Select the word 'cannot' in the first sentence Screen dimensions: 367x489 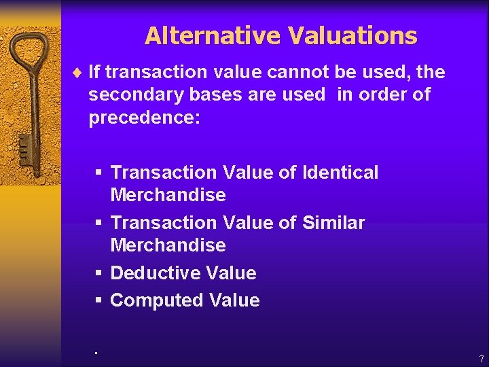click(301, 71)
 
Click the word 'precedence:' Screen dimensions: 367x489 click(144, 118)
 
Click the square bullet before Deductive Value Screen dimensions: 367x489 click(98, 273)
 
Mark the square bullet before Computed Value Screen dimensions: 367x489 click(98, 300)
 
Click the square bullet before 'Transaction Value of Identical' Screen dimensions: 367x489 click(98, 173)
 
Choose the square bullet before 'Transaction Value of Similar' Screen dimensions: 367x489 click(98, 223)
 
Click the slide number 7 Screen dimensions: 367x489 click(481, 359)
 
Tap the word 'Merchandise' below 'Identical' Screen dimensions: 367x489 click(168, 195)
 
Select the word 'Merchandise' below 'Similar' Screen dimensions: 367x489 click(168, 245)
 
